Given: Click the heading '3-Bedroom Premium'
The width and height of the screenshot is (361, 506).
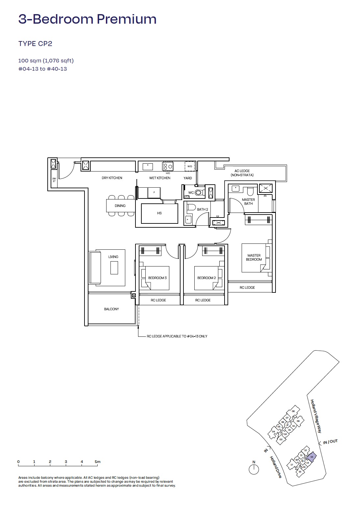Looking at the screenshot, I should [87, 19].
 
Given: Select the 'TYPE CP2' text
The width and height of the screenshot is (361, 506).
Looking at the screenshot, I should [35, 44].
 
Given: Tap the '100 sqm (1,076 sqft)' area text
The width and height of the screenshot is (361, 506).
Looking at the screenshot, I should [46, 60].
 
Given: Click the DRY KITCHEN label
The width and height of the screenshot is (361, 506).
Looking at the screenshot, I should [112, 178].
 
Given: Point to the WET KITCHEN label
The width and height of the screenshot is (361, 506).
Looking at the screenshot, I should [160, 178].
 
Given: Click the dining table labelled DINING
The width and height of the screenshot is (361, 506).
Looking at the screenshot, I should [120, 206].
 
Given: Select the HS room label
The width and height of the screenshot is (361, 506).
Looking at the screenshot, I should [159, 213].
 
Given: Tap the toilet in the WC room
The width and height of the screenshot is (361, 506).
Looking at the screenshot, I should [199, 193].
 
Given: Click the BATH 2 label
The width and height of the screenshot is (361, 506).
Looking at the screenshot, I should [202, 209].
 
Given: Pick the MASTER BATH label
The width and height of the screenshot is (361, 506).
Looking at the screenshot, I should [248, 201].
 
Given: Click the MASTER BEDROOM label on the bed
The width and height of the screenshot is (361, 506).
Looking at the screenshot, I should [254, 257].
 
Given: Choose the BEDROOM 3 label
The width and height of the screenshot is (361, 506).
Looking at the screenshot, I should [157, 278].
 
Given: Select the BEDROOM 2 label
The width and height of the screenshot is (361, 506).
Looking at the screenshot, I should [206, 278].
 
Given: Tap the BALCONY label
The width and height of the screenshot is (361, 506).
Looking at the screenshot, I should [111, 309].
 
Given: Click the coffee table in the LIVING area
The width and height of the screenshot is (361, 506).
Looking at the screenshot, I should [114, 267].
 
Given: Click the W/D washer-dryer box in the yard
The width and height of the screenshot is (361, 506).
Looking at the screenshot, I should [190, 166].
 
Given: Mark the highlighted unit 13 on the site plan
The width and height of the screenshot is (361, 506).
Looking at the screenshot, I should [311, 457].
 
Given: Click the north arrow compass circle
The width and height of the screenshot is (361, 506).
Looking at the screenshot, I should [254, 470].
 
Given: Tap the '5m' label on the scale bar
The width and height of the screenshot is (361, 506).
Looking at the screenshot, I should [98, 462].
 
